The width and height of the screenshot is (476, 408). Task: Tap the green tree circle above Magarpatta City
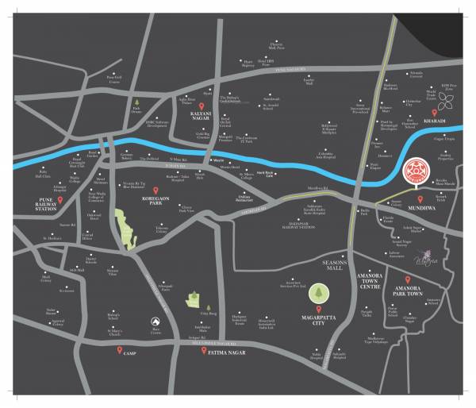pyautogui.click(x=317, y=293)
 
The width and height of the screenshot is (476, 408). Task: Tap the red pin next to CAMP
pyautogui.click(x=119, y=350)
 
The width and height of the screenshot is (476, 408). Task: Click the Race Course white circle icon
pyautogui.click(x=155, y=321)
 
